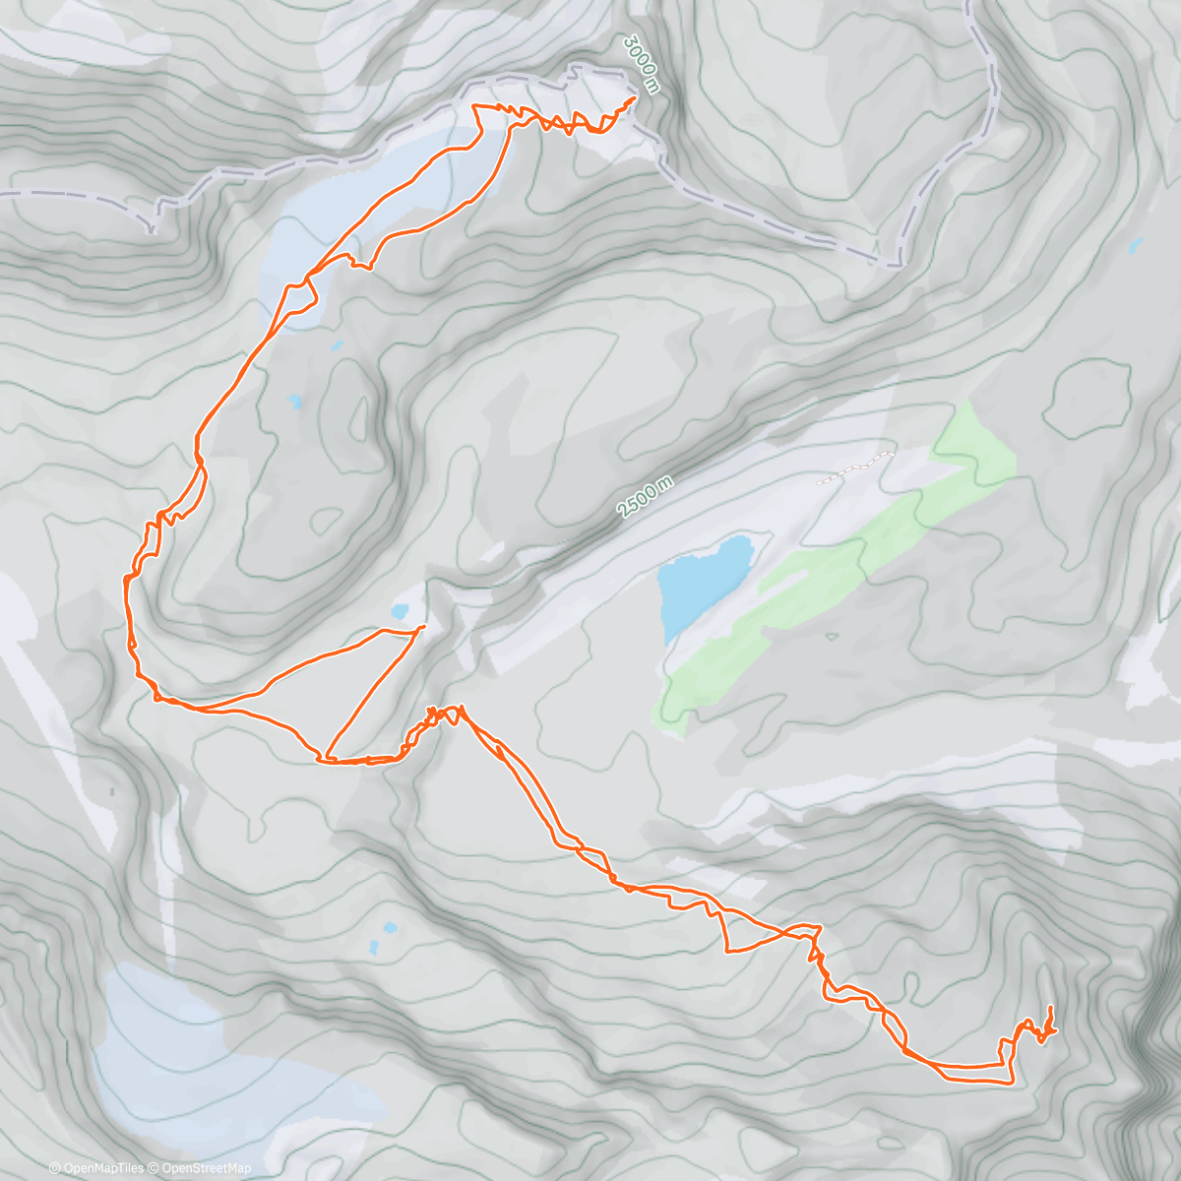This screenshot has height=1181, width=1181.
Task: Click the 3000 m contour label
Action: pos(641,66)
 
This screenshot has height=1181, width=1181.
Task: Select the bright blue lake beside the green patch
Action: pos(703,583)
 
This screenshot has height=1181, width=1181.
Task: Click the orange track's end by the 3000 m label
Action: pos(632,97)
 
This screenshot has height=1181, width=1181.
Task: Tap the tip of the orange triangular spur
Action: pos(423,627)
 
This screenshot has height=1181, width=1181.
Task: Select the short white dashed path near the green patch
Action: pos(855,467)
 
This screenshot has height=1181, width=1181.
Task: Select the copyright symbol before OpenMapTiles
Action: pos(55,1168)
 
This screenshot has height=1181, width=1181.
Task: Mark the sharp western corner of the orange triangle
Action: pos(321,759)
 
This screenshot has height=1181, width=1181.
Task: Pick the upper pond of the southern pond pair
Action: pos(391,928)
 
